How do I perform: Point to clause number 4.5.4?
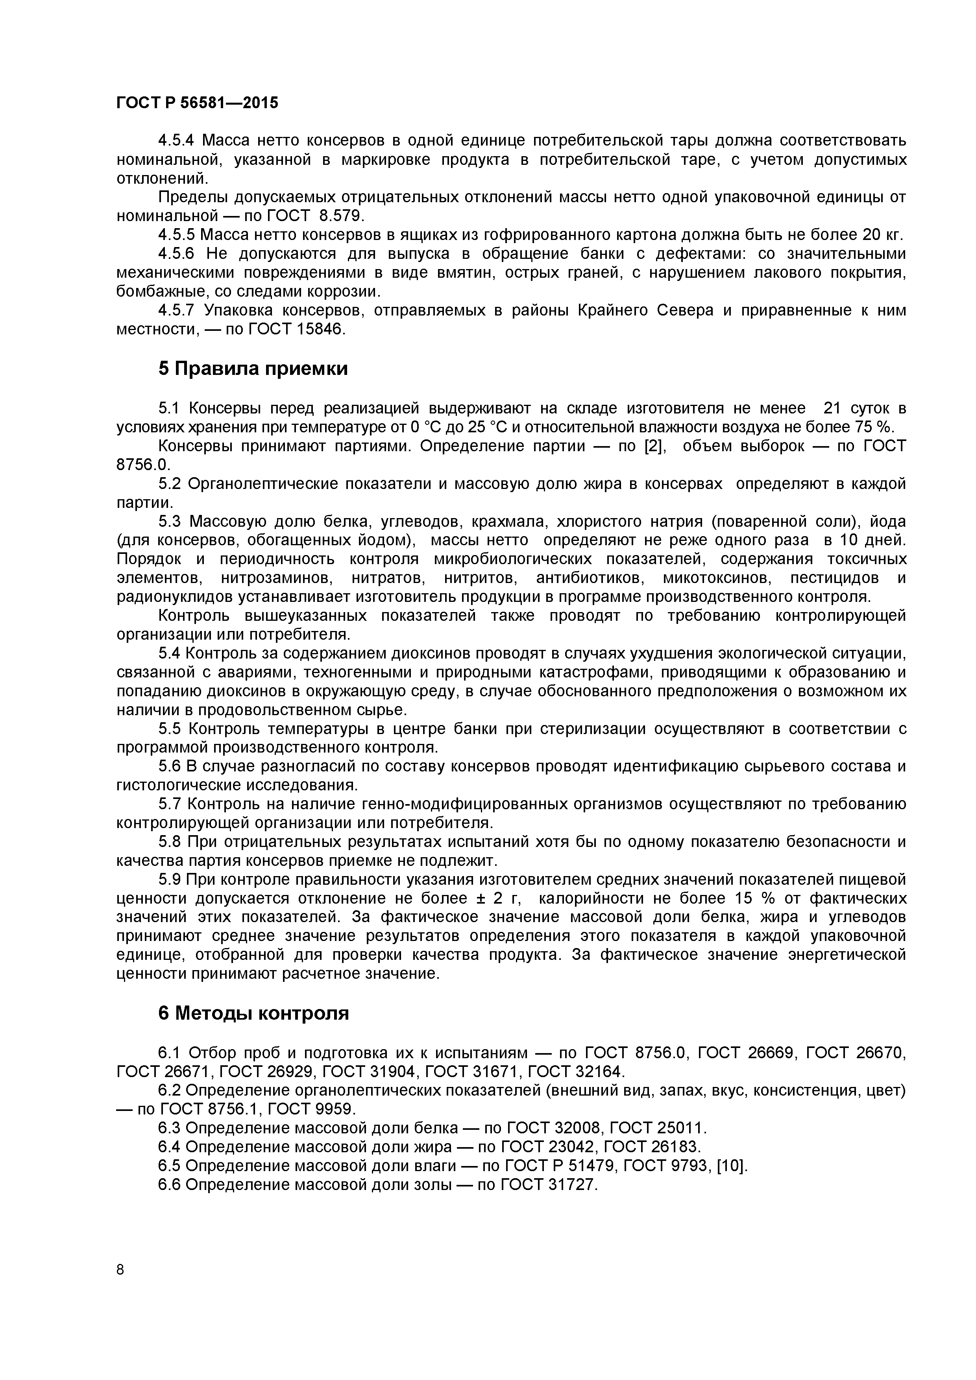176,141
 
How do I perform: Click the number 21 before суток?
832,409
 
